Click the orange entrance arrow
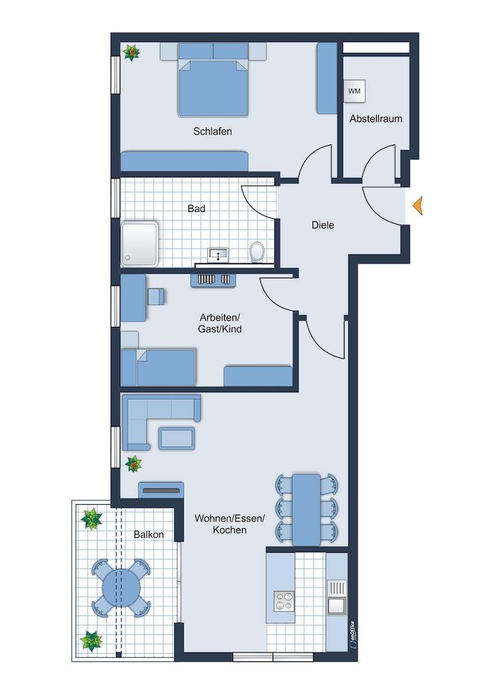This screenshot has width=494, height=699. (x=418, y=206)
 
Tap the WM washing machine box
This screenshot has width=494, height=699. (x=354, y=91)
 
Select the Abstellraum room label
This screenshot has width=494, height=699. (x=376, y=119)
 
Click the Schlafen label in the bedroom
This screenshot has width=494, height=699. (x=212, y=131)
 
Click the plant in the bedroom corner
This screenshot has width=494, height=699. (x=131, y=52)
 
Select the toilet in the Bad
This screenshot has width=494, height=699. (x=258, y=252)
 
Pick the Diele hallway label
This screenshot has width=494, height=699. (x=322, y=225)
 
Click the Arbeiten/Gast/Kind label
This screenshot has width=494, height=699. (x=220, y=323)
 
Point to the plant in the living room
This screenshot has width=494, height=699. (x=133, y=463)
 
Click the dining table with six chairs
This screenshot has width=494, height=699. (x=306, y=509)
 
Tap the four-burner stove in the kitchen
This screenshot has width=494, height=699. (x=283, y=601)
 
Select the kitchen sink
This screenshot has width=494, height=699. (x=337, y=605)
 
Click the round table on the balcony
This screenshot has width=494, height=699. (x=122, y=588)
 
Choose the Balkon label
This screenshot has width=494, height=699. (x=149, y=535)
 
